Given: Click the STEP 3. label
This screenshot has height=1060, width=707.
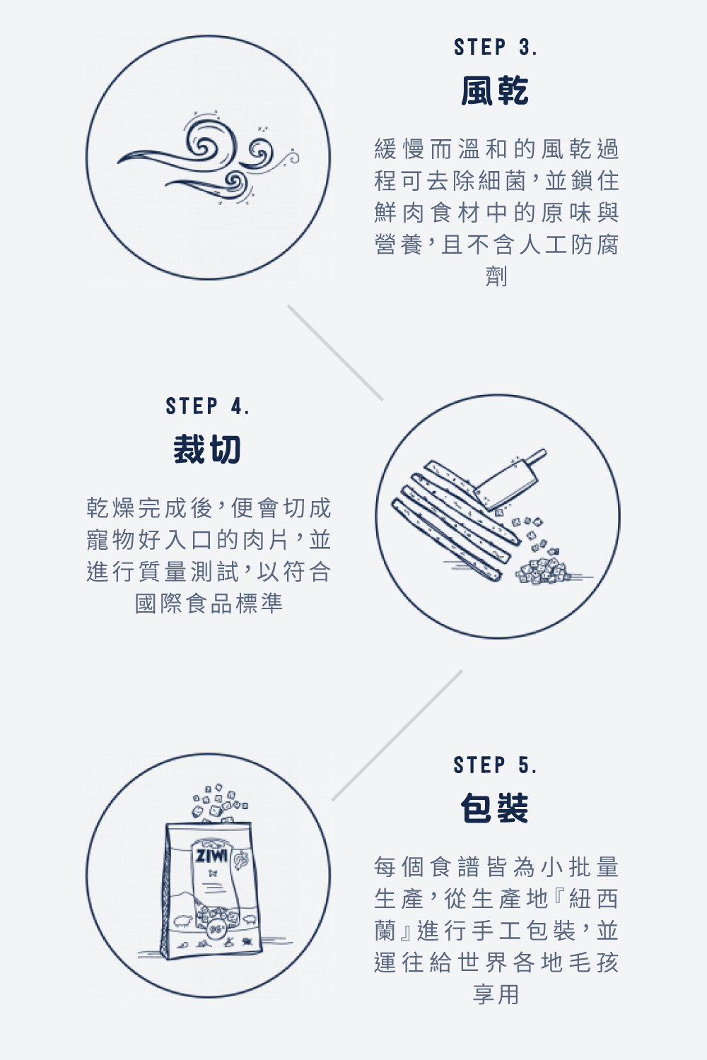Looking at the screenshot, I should tap(495, 47).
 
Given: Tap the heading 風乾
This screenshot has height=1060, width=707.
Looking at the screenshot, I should tap(495, 91).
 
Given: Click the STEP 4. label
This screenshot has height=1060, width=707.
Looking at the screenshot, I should tap(207, 406).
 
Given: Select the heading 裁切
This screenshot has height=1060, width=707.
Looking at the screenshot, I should tap(207, 449).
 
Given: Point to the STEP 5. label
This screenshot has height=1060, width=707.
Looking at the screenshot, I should tap(495, 765).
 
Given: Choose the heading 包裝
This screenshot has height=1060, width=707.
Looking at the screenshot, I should tap(495, 808).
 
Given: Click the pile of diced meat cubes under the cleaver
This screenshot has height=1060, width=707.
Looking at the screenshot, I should tap(542, 570).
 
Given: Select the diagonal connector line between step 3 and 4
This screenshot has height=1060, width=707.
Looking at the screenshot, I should tap(335, 353).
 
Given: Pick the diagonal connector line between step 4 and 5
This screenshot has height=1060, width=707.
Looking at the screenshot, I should tap(397, 735).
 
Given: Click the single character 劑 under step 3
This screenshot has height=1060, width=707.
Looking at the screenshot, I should tap(496, 276).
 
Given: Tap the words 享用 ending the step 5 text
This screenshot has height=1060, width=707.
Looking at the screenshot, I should tap(496, 994).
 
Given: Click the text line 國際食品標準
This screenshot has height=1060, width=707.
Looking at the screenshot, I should tap(209, 603).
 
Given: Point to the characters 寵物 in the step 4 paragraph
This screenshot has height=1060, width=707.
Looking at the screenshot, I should tap(112, 540).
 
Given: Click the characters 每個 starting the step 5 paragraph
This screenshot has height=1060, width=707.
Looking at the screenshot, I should tap(400, 867).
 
